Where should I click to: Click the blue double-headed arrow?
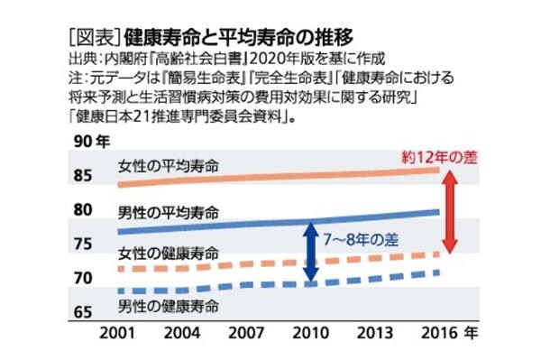[309, 252]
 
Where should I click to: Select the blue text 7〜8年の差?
[361, 241]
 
